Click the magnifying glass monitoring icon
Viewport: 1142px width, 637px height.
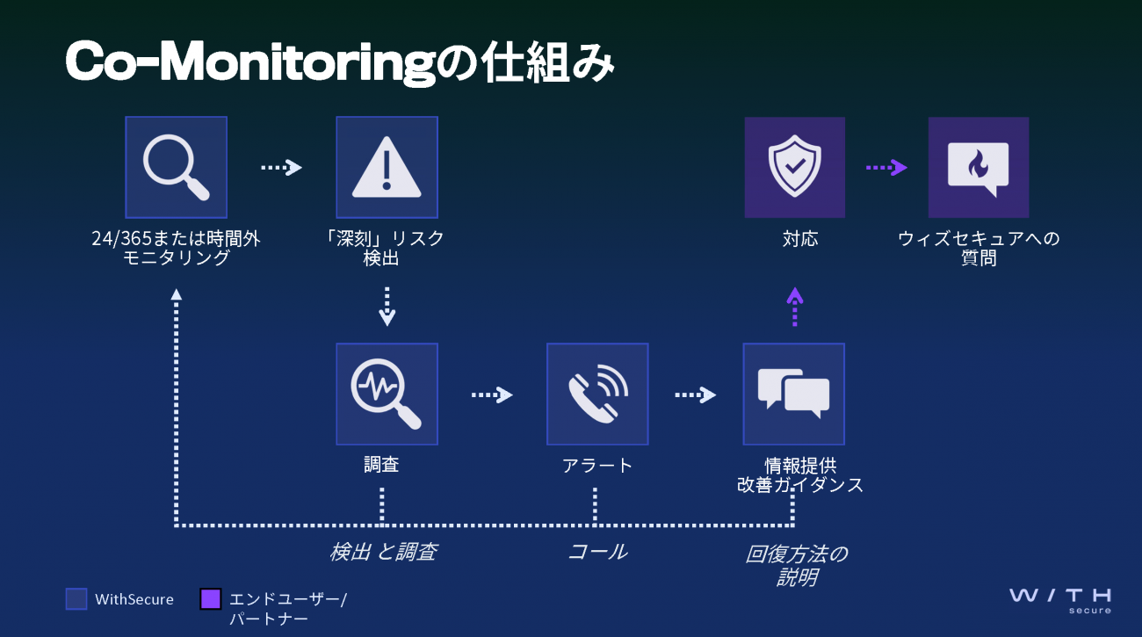click(177, 167)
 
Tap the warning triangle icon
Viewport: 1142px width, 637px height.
click(387, 167)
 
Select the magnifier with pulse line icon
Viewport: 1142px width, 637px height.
click(387, 394)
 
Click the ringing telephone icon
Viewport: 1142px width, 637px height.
click(597, 394)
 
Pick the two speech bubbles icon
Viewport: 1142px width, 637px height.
click(793, 394)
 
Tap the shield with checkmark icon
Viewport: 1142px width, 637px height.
click(794, 167)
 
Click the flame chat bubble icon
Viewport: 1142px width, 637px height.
click(978, 167)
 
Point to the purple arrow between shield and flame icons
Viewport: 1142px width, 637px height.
click(886, 167)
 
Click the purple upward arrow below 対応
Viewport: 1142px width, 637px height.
click(794, 307)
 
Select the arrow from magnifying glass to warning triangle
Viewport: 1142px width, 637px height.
click(281, 167)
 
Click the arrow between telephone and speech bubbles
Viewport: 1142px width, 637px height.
click(695, 395)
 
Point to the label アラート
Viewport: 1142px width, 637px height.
click(597, 465)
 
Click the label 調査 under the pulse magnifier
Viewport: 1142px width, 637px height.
click(381, 465)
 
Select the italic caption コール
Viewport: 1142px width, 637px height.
click(597, 552)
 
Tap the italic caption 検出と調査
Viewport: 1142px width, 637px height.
click(383, 552)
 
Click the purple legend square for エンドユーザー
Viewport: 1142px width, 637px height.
click(210, 599)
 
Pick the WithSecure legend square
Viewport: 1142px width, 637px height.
click(76, 599)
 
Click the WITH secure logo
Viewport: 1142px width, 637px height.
click(1060, 600)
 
